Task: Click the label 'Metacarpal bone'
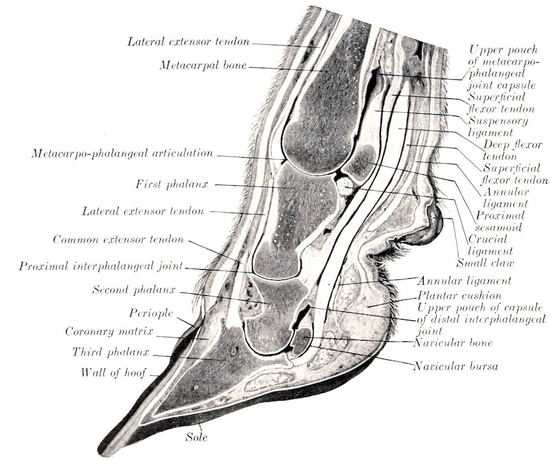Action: point(203,66)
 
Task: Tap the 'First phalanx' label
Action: point(172,184)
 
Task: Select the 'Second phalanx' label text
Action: point(134,290)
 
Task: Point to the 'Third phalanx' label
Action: point(111,352)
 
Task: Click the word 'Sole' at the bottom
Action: point(196,437)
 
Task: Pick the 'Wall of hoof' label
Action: point(113,373)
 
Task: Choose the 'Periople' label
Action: point(151,313)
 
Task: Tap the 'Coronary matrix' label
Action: point(109,332)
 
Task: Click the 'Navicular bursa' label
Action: point(456,366)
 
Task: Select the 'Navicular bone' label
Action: point(453,343)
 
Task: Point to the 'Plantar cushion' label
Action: point(460,295)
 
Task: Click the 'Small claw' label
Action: point(485,263)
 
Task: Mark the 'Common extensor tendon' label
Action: point(119,240)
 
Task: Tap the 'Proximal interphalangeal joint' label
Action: point(101,266)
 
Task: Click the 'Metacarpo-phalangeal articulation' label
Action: point(122,153)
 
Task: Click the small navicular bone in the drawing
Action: point(301,341)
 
